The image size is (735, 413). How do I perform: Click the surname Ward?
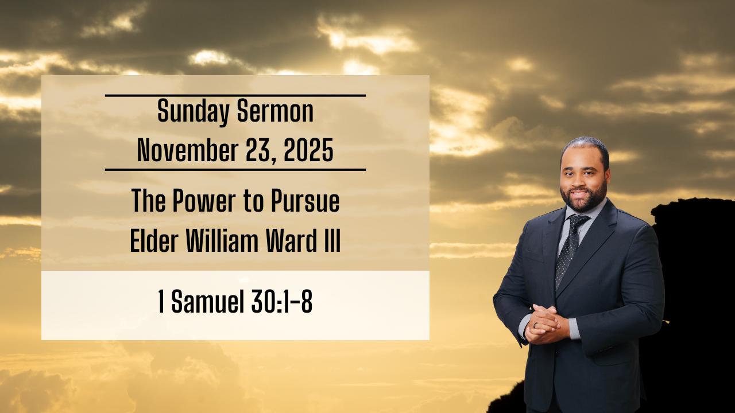(289, 241)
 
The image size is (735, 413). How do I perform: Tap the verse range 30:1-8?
(281, 302)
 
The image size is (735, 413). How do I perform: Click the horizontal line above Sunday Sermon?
(235, 96)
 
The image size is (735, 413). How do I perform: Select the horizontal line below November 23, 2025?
(235, 170)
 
